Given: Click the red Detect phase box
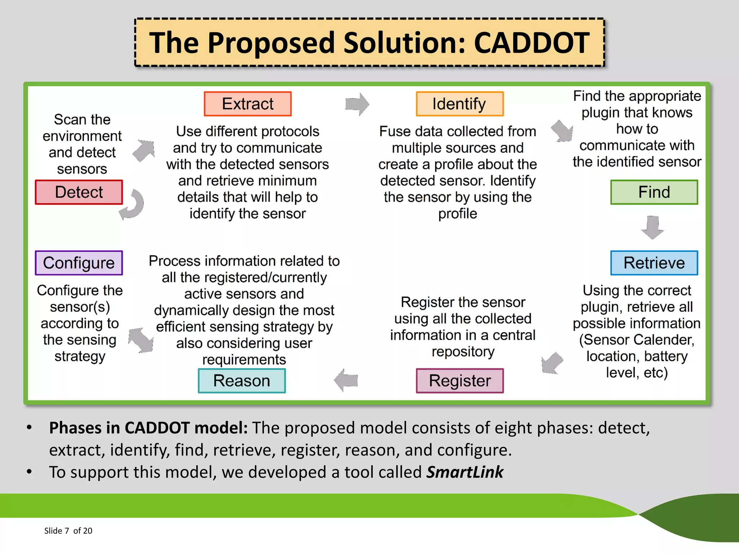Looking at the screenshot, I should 79,192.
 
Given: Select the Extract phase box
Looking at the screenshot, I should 248,104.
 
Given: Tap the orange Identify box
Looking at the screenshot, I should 459,104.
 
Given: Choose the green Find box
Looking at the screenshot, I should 654,192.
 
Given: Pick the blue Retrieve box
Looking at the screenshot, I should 654,263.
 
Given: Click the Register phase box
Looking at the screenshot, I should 459,381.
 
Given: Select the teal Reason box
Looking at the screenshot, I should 241,381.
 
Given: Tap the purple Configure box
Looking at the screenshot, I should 79,263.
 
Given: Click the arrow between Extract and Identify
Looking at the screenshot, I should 357,104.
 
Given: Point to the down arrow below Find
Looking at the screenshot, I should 652,227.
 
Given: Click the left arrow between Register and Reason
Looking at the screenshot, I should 346,380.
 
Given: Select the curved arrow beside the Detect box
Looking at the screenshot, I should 133,205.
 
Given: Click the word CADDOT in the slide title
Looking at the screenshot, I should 532,43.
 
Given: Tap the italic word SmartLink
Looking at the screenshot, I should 465,472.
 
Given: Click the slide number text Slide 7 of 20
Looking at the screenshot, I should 68,531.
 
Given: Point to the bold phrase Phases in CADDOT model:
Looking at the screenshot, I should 148,428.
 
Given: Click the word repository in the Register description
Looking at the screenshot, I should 463,352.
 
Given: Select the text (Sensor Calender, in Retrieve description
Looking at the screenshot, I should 637,340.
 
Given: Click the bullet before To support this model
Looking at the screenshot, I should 29,472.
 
